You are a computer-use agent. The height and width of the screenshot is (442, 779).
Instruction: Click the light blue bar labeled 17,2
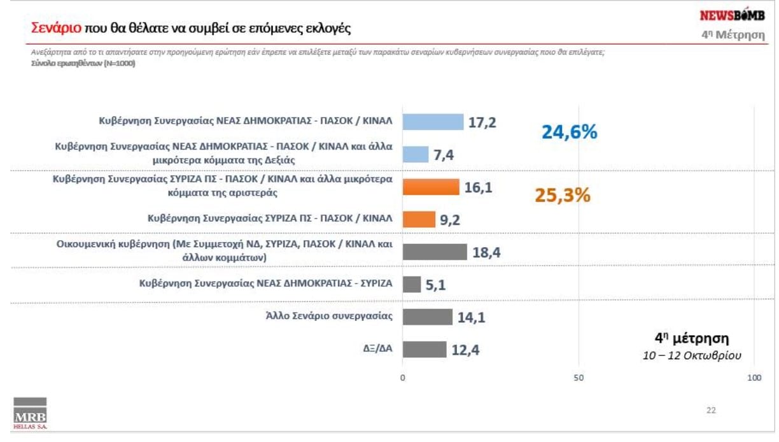point(433,122)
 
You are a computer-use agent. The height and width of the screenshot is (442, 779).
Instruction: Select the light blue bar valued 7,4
point(416,155)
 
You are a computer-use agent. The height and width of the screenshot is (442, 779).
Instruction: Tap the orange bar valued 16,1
point(431,187)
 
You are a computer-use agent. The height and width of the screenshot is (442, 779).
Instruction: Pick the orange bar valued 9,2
point(419,220)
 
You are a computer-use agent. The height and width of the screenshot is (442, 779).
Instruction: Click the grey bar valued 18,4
point(435,252)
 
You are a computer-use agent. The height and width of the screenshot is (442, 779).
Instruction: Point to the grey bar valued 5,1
point(412,284)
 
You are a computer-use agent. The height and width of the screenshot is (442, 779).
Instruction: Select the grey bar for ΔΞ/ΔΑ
point(425,349)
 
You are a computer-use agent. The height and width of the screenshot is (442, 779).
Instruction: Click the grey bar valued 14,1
point(428,317)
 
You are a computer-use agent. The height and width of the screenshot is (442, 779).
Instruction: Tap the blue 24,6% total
point(569,132)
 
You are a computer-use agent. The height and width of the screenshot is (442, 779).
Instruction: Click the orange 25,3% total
point(562,195)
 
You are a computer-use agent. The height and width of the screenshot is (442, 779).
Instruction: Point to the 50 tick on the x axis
point(579,378)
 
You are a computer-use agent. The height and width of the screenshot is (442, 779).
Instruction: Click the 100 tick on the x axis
point(754,378)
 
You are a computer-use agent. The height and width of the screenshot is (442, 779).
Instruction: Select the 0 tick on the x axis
point(403,378)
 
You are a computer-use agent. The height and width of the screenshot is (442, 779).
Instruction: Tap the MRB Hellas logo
point(31,413)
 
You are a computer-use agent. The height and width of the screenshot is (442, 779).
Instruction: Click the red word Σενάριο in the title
point(56,29)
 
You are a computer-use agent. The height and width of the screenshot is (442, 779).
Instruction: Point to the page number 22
point(711,410)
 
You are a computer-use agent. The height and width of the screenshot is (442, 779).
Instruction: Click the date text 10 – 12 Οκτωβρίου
point(692,355)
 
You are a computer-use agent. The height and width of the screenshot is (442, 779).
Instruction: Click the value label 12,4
point(466,350)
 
